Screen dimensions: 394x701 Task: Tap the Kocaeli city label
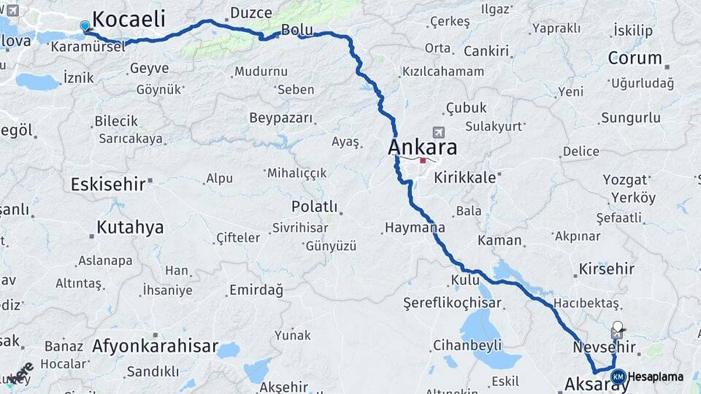point(129,19)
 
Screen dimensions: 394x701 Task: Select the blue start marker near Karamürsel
point(85,26)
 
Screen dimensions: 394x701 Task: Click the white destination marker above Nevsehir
point(618,326)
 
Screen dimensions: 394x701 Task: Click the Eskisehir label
point(108,184)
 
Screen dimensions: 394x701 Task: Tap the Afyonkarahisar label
point(155,347)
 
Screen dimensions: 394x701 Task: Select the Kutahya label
point(130,228)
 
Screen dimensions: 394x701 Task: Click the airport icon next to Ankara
point(438,133)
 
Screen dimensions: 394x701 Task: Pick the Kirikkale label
point(465,177)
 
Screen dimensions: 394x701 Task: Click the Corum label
point(635,58)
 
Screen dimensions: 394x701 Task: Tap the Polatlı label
point(314,206)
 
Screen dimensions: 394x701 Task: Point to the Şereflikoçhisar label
point(453,303)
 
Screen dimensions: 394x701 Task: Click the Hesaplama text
point(656,376)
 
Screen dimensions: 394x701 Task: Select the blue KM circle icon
point(618,376)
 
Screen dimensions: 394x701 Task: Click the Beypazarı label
point(281,118)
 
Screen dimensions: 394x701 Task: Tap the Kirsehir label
point(606,269)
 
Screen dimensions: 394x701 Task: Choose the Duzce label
point(250,13)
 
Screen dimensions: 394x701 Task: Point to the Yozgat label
point(625,179)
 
